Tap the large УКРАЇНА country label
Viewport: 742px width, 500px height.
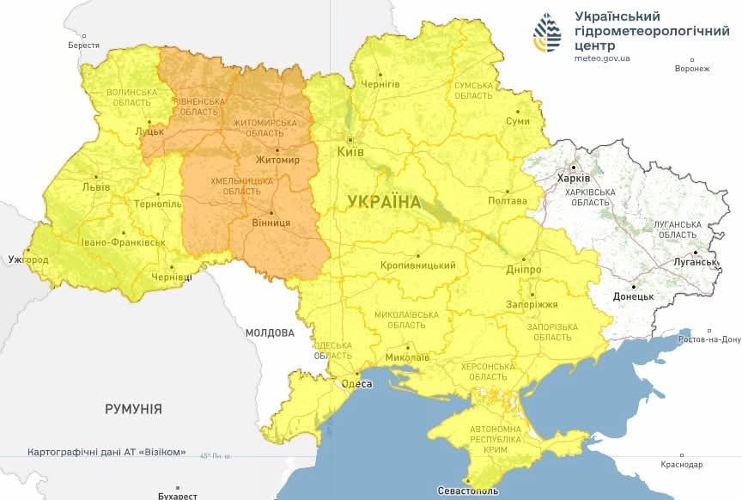click(385, 202)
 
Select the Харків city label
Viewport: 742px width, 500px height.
click(574, 178)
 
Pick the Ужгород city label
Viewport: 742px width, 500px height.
click(27, 259)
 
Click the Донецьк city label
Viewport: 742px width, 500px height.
click(633, 296)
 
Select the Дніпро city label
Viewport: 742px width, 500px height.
click(523, 269)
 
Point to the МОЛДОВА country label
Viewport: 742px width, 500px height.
click(270, 332)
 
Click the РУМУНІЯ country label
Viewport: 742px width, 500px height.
click(133, 409)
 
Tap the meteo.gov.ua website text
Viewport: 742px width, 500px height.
click(602, 58)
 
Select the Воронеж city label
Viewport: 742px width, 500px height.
click(692, 69)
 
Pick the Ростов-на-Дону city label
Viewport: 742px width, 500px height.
click(709, 339)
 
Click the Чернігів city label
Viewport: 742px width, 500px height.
click(380, 83)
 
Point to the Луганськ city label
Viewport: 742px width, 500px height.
click(695, 261)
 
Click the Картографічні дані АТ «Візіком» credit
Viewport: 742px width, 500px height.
click(106, 452)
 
